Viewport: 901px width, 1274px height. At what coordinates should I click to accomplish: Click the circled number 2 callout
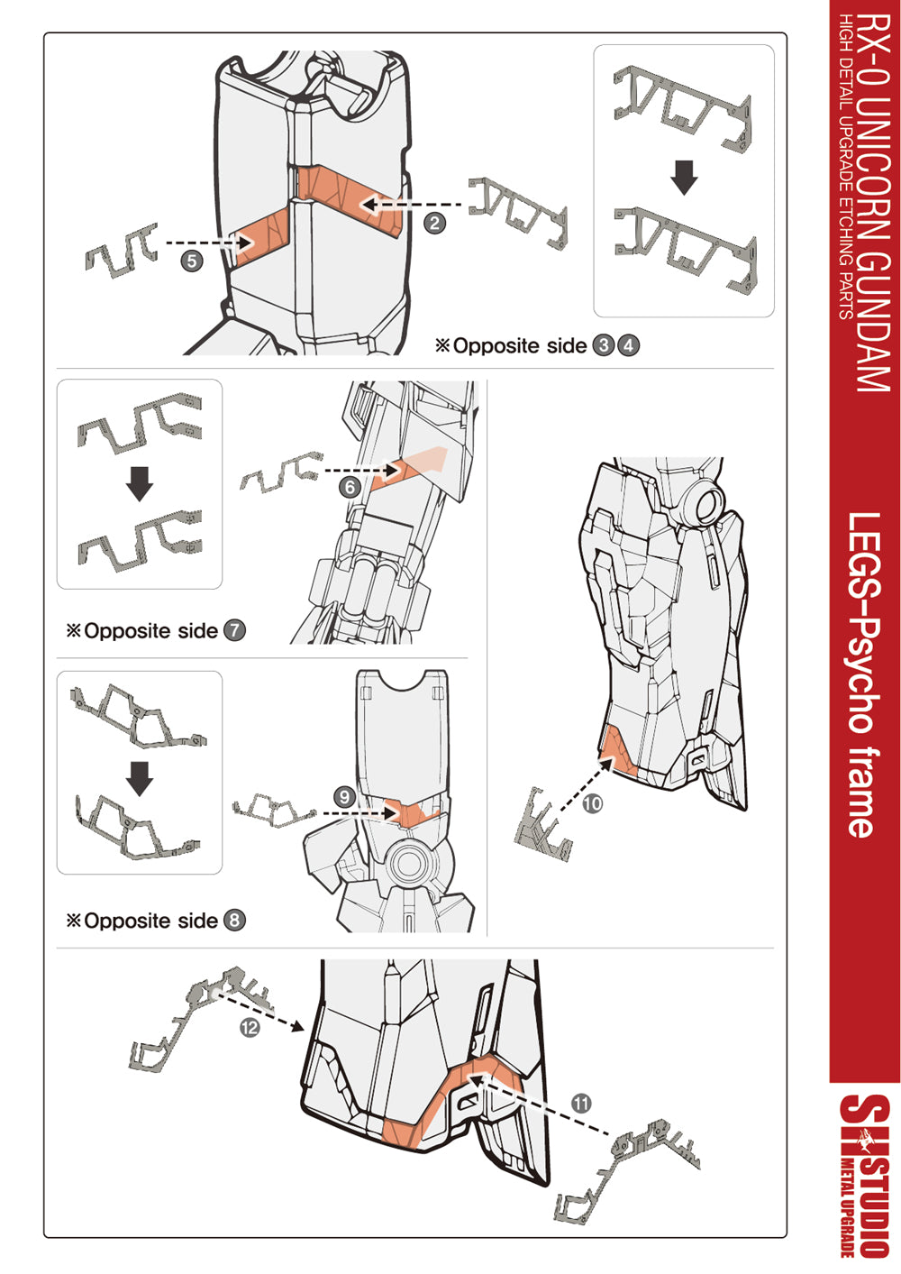point(435,223)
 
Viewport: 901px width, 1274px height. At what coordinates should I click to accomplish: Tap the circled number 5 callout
point(191,261)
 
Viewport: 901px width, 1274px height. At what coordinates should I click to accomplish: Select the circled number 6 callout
point(350,488)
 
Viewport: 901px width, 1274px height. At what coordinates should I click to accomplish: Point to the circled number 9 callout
point(344,797)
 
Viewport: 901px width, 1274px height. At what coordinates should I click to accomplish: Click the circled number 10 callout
point(592,803)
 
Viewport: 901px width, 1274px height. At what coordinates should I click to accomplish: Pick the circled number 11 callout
point(581,1103)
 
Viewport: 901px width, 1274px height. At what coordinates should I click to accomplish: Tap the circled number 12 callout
point(250,1027)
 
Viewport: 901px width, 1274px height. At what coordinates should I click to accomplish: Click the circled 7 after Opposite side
point(234,630)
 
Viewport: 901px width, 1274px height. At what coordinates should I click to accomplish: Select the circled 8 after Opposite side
point(234,921)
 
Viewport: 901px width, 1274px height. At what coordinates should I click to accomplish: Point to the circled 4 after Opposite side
point(629,345)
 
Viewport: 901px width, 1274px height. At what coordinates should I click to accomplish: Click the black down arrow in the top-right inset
point(685,178)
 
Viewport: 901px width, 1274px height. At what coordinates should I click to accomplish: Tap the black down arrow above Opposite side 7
point(140,483)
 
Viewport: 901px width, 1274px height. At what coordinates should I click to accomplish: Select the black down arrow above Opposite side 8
point(140,778)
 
